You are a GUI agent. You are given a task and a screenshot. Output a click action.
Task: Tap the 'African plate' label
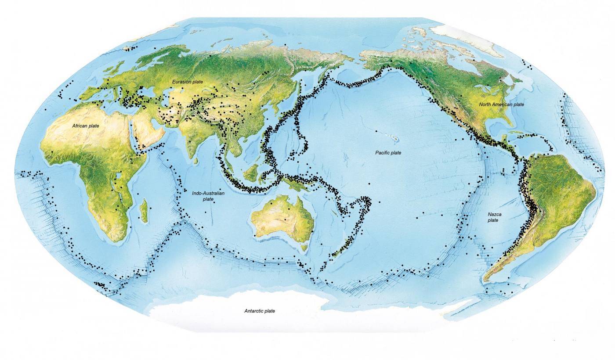[x=86, y=126]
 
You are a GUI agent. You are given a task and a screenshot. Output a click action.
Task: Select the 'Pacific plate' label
[x=388, y=153]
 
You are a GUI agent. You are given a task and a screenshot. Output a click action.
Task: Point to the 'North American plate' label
[x=502, y=104]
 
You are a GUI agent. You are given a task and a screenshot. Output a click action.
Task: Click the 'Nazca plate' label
[x=493, y=217]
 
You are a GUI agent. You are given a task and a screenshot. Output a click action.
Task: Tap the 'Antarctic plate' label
[x=259, y=311]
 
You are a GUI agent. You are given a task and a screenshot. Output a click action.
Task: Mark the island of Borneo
[x=250, y=173]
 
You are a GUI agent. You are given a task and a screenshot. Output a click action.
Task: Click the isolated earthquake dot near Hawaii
[x=377, y=131]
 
